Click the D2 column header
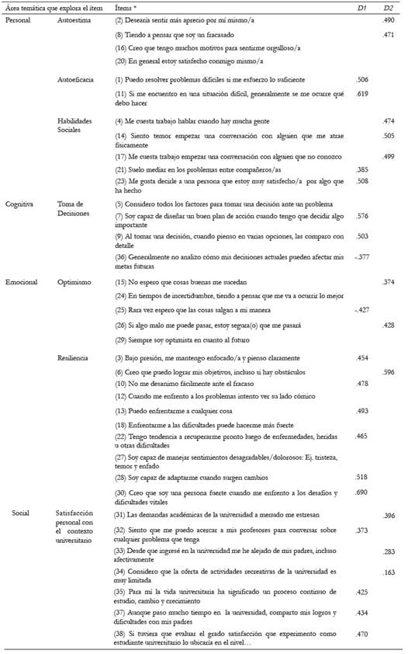tap(389, 7)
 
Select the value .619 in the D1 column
tap(360, 92)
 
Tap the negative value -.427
tap(358, 310)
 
